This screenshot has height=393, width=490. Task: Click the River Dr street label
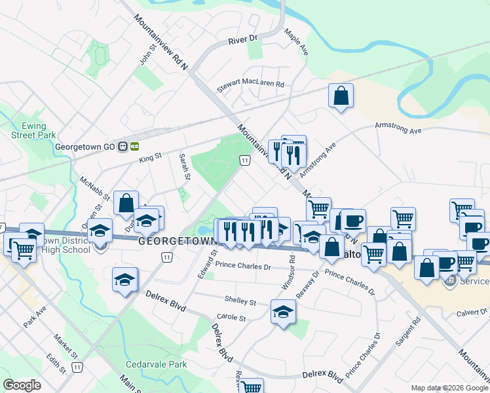point(244,41)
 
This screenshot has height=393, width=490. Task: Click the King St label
point(151,158)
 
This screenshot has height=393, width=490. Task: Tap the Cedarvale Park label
point(157,364)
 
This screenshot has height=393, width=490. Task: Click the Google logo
point(22,385)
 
